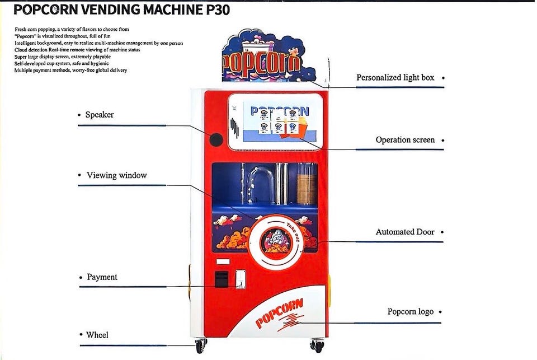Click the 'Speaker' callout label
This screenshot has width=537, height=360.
pyautogui.click(x=100, y=115)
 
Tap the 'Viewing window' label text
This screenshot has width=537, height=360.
pyautogui.click(x=116, y=175)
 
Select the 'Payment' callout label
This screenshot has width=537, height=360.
pyautogui.click(x=102, y=277)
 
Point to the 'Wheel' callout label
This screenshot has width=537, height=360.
pyautogui.click(x=97, y=335)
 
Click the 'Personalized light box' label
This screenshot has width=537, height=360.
pyautogui.click(x=395, y=77)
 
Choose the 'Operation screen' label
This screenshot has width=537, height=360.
pyautogui.click(x=405, y=140)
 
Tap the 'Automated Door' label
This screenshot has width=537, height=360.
pyautogui.click(x=404, y=232)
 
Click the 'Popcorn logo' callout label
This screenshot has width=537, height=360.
pyautogui.click(x=410, y=311)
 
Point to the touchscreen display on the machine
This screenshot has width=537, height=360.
pyautogui.click(x=275, y=121)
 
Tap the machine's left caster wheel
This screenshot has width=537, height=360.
pyautogui.click(x=199, y=346)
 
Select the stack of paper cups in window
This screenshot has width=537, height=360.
pyautogui.click(x=306, y=184)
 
